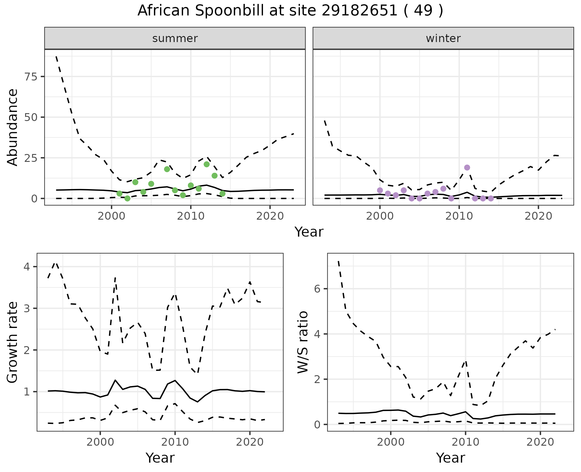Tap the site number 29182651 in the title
coord(359,11)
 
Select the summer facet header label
coord(175,38)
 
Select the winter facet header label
coord(443,38)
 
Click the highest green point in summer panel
coord(207,164)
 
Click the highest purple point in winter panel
coord(467,168)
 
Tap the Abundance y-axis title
coord(13,127)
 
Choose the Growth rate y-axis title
coord(13,342)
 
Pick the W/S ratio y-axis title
coord(303,342)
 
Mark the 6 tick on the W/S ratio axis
coord(317,289)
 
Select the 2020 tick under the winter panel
coord(538,216)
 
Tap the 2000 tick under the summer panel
coord(111,216)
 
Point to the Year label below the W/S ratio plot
coord(450,458)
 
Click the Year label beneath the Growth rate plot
coord(160,458)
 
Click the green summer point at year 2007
coord(167,169)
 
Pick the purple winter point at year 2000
coord(380,190)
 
